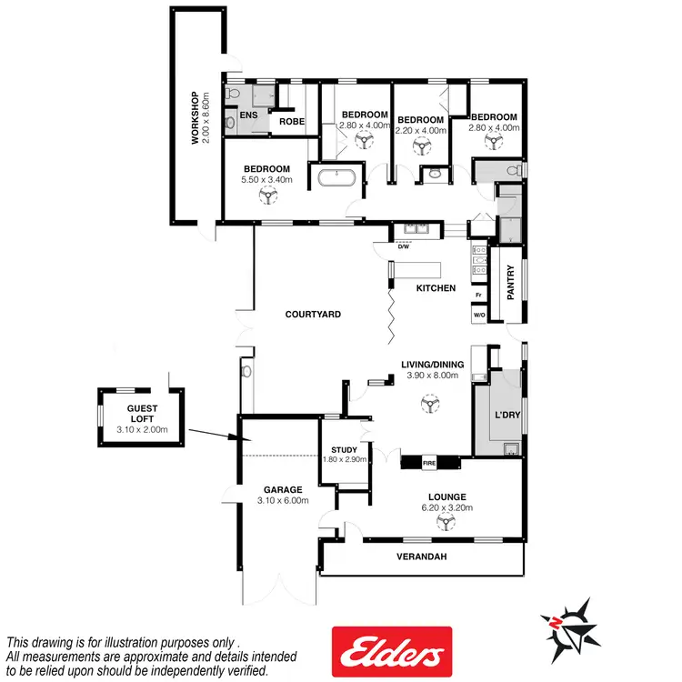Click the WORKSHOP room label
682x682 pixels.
tap(194, 118)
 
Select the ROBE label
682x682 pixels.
tap(291, 121)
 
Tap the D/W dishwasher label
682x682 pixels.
tap(405, 246)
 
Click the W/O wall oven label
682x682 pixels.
tap(478, 316)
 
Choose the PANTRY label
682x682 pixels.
tap(510, 282)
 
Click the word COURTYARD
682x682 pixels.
tap(312, 314)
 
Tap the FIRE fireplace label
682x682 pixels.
tap(428, 464)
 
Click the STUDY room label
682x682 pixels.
tap(345, 449)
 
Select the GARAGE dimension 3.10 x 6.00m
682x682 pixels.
tap(279, 501)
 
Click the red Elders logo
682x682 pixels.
tap(391, 651)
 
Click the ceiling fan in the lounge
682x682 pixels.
tap(445, 521)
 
